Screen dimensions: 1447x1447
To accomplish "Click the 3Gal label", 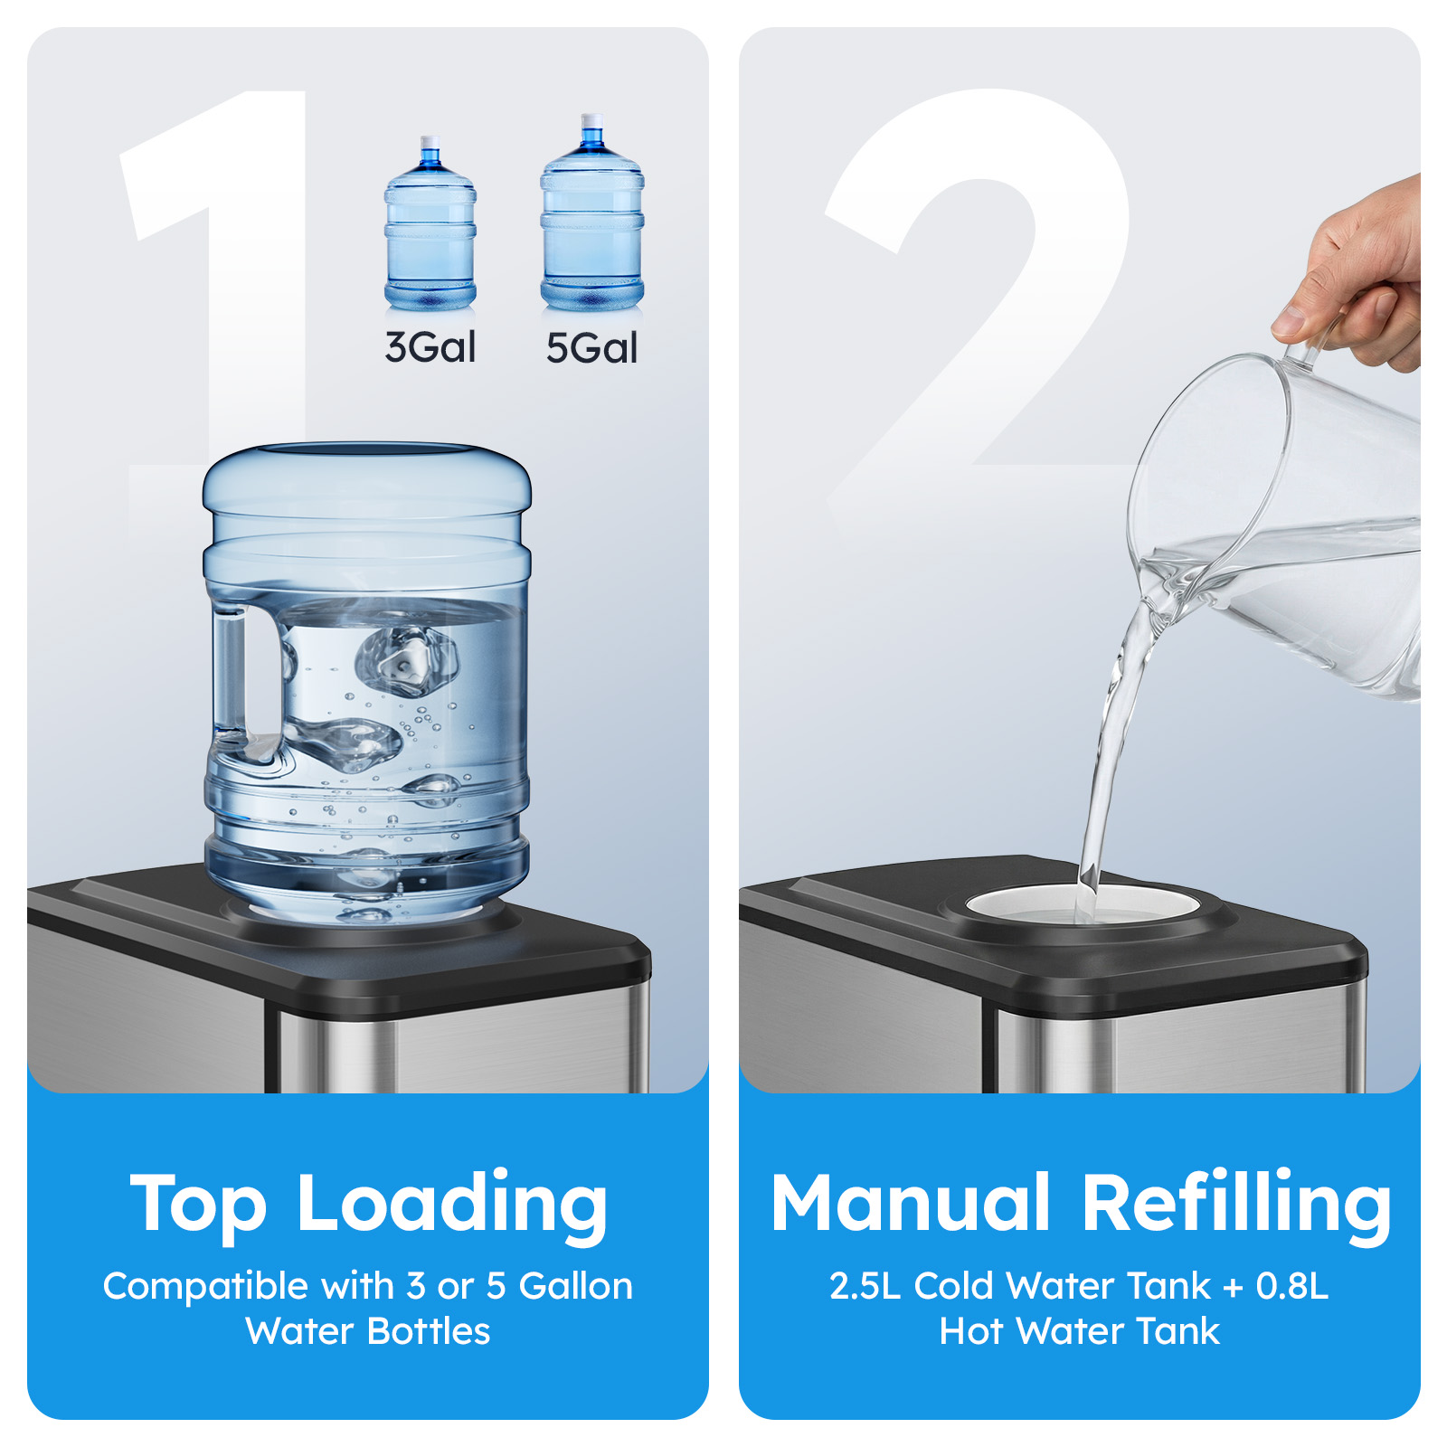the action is pos(430,347).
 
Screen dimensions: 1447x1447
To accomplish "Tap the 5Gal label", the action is pos(591,348).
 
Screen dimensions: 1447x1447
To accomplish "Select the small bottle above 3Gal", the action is pos(430,224).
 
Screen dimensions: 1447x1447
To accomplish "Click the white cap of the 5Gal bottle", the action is pos(592,120).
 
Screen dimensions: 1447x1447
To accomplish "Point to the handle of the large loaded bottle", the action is pos(231,674).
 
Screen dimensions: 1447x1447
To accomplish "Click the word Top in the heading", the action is pos(198,1206).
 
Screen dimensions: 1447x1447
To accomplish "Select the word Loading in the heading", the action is pos(452,1206).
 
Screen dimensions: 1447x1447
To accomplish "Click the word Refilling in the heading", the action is pos(1237,1206).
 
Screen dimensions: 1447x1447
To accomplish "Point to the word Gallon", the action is pos(576,1286).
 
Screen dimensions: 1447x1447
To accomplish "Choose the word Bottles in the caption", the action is pos(430,1331).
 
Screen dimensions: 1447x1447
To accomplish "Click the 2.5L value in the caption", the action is pos(865,1286).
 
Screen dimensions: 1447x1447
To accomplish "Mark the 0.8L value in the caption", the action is pos(1292,1286).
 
